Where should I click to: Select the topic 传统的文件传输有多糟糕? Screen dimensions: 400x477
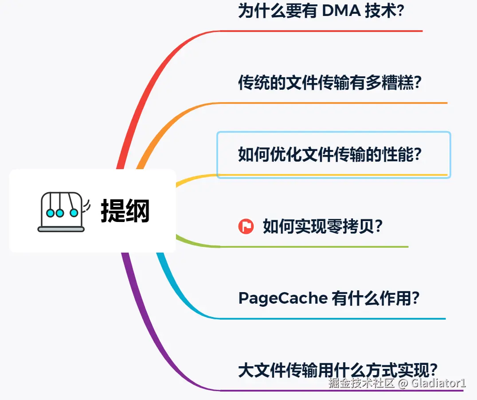pos(329,83)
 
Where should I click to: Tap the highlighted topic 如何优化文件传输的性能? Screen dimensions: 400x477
pos(329,154)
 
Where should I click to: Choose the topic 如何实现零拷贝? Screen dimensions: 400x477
pos(322,226)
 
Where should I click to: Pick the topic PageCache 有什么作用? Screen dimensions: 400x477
pos(328,298)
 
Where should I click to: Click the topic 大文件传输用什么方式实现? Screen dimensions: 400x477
pos(338,370)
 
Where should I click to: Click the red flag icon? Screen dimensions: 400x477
pos(246,226)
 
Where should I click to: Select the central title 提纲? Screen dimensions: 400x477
pos(125,211)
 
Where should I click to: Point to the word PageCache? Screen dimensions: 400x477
pos(283,298)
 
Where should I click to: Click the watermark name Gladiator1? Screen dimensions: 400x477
pos(438,383)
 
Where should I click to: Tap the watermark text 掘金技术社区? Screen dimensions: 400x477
pos(361,383)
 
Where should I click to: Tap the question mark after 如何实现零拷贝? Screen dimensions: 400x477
pos(378,226)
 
